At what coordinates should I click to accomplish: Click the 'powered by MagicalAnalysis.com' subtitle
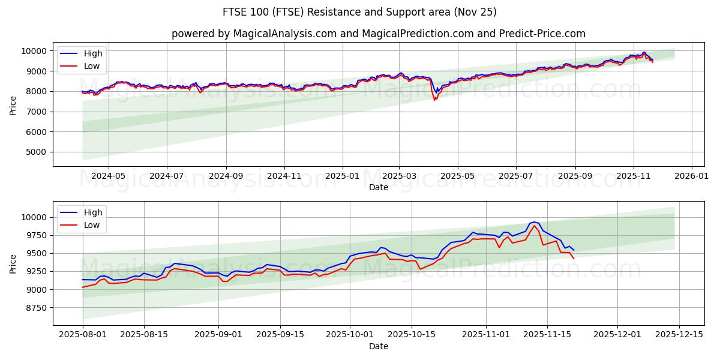pyautogui.click(x=378, y=34)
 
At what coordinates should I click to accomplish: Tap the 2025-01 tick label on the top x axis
pyautogui.click(x=342, y=176)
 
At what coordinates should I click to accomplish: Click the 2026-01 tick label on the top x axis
pyautogui.click(x=692, y=176)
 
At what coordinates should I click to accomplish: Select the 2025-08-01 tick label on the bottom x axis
pyautogui.click(x=83, y=335)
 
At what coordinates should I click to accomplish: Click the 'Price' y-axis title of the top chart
pyautogui.click(x=13, y=105)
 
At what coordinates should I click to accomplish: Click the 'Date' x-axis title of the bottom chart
pyautogui.click(x=378, y=346)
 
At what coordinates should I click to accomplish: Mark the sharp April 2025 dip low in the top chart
pyautogui.click(x=434, y=100)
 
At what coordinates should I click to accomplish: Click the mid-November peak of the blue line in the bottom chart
pyautogui.click(x=533, y=222)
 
